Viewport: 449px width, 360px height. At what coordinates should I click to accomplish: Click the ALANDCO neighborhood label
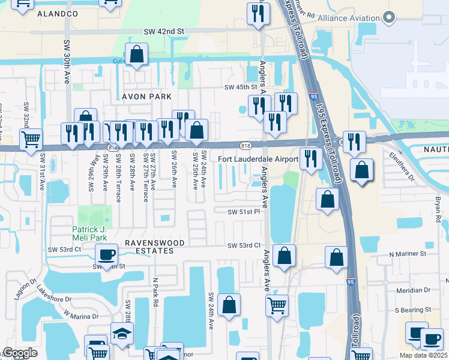click(58, 13)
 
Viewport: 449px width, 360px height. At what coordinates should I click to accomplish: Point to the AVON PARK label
click(147, 97)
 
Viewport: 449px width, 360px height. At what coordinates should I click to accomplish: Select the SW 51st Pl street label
click(243, 212)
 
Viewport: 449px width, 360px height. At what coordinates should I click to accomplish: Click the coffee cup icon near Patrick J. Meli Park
click(107, 255)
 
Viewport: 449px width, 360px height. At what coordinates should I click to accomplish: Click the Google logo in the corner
click(20, 353)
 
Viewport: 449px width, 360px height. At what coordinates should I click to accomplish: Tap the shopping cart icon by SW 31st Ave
click(30, 139)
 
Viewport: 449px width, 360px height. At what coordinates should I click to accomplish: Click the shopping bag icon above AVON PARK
click(137, 55)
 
